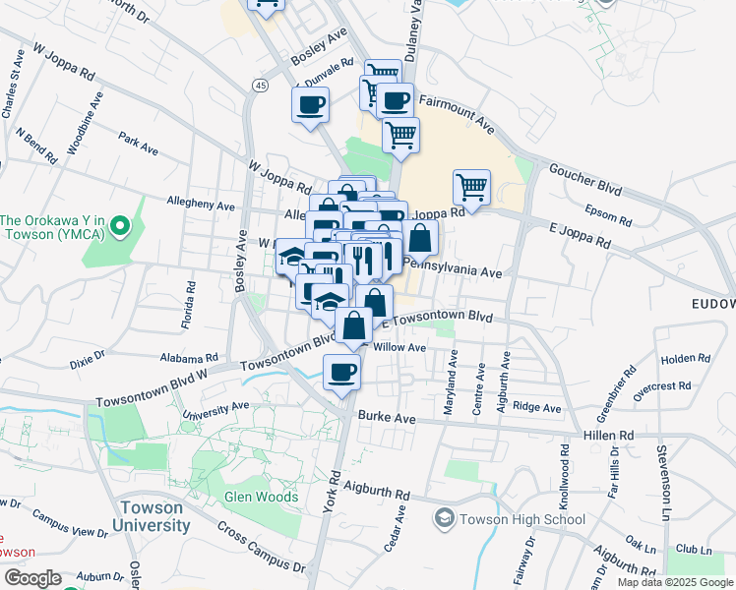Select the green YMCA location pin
(120, 228)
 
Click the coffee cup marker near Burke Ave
(341, 373)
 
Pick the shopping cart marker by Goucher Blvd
(472, 187)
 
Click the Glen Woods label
(261, 497)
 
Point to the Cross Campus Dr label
(261, 547)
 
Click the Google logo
(32, 578)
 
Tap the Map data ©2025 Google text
(673, 582)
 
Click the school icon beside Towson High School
(445, 518)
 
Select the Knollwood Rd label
(565, 478)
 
